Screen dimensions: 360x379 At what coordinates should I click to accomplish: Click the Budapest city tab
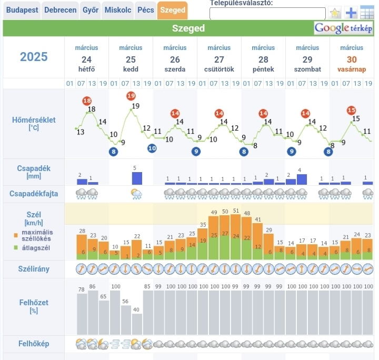(x=22, y=10)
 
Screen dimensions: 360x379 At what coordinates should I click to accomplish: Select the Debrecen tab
(x=60, y=10)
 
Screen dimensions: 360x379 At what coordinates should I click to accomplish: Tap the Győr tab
(x=91, y=10)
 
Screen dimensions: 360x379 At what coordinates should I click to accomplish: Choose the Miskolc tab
(x=118, y=10)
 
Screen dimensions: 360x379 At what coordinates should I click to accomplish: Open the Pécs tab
(x=145, y=10)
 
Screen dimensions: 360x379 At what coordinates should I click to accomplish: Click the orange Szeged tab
(x=172, y=10)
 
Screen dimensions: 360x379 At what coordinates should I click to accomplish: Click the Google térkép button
(x=344, y=28)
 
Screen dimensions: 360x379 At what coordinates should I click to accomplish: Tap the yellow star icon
(x=335, y=13)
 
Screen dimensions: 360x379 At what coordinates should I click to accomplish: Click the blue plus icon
(x=351, y=13)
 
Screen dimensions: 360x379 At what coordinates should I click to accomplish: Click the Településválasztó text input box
(x=267, y=14)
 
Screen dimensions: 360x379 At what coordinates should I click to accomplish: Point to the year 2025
(x=34, y=57)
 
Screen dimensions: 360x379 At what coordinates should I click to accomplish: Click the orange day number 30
(x=352, y=59)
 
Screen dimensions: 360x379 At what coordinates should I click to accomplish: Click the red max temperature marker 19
(x=131, y=95)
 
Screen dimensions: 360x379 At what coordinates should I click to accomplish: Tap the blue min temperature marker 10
(x=152, y=148)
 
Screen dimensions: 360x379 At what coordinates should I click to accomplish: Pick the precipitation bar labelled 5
(x=137, y=178)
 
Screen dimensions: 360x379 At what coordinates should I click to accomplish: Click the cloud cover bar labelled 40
(x=137, y=324)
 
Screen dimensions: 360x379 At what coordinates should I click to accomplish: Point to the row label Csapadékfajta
(x=34, y=194)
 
